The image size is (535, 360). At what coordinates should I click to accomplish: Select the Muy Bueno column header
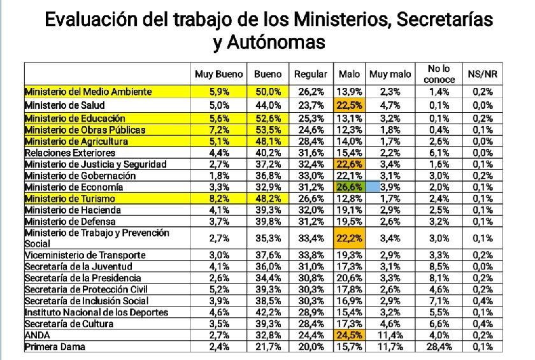click(218, 74)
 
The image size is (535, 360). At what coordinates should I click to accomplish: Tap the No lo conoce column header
click(440, 73)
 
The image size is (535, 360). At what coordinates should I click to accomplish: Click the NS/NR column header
click(483, 74)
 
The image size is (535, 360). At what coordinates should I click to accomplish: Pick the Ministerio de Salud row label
click(65, 104)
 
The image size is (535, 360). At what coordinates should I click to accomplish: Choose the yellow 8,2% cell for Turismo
click(218, 199)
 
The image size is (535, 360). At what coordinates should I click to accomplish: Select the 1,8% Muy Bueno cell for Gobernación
click(218, 176)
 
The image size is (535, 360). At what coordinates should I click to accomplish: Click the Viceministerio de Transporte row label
click(85, 255)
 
